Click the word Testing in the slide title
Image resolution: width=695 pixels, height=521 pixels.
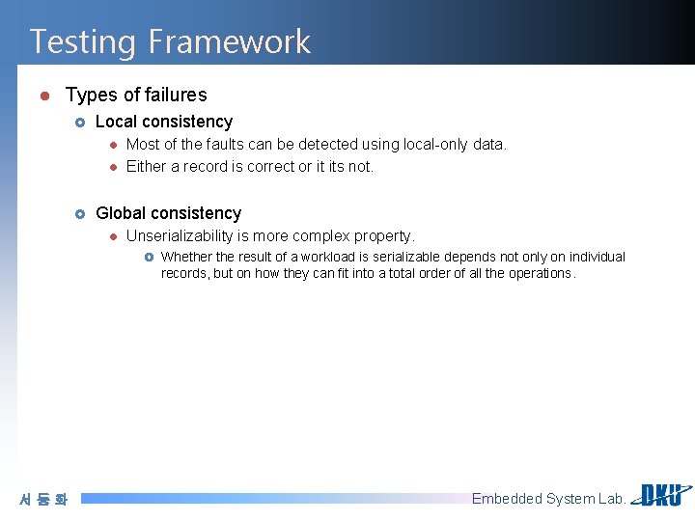(84, 41)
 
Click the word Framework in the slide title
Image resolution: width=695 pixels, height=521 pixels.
(229, 41)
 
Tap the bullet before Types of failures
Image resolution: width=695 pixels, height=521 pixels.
(43, 95)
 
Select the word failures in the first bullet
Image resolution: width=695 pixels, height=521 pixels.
(175, 95)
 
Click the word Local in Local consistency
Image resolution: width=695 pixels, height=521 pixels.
(116, 122)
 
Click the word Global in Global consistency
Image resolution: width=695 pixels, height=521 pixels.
(120, 213)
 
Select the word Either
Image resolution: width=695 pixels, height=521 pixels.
(146, 166)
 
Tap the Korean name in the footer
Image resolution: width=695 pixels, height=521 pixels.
(43, 500)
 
